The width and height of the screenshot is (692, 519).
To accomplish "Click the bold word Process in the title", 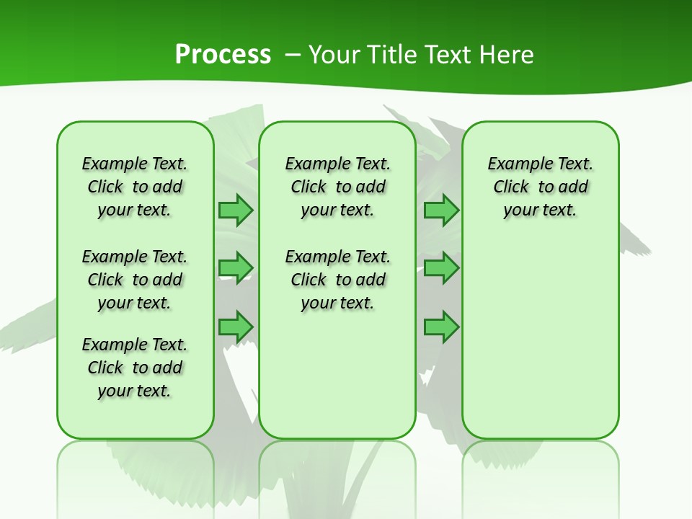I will [223, 55].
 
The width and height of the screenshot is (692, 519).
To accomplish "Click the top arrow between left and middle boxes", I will [236, 210].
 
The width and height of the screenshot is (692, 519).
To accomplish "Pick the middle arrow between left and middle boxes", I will [236, 268].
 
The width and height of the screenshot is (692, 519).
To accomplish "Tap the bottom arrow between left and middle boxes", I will [236, 327].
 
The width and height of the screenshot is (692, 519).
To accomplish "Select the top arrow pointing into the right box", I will [441, 210].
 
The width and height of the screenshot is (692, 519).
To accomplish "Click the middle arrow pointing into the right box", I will [441, 268].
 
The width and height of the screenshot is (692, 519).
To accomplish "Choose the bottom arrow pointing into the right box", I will [441, 327].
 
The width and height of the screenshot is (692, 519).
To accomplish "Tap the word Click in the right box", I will [511, 187].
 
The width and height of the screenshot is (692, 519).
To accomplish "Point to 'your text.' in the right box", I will [540, 210].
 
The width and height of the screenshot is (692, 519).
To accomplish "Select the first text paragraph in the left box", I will [135, 187].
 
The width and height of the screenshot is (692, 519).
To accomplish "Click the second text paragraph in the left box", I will [135, 280].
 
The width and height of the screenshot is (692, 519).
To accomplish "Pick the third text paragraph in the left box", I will [135, 368].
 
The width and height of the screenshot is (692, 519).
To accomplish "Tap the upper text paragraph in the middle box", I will [337, 187].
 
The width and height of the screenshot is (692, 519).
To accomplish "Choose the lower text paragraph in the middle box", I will [337, 280].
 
